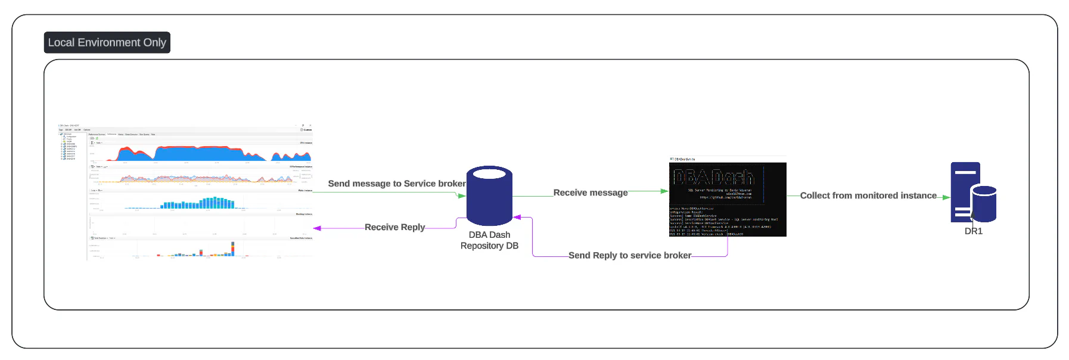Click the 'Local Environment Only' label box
[x=107, y=42]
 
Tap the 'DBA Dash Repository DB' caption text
[x=489, y=240]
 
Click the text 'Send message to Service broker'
[x=396, y=184]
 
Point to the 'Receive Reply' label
[x=394, y=227]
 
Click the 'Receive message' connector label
[x=590, y=193]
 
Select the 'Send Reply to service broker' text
[x=629, y=255]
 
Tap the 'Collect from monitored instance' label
[x=868, y=195]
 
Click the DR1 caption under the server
[x=973, y=231]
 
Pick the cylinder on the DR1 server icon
[x=984, y=204]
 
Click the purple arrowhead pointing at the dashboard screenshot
[x=318, y=228]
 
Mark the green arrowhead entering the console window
[x=664, y=191]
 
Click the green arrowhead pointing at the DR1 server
[x=946, y=197]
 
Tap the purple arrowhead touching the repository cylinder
[x=517, y=218]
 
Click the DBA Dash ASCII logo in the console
[x=714, y=177]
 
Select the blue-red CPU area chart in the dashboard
[x=209, y=154]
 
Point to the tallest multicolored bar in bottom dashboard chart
[x=233, y=248]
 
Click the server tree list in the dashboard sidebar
[x=69, y=147]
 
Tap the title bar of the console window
[x=727, y=159]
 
